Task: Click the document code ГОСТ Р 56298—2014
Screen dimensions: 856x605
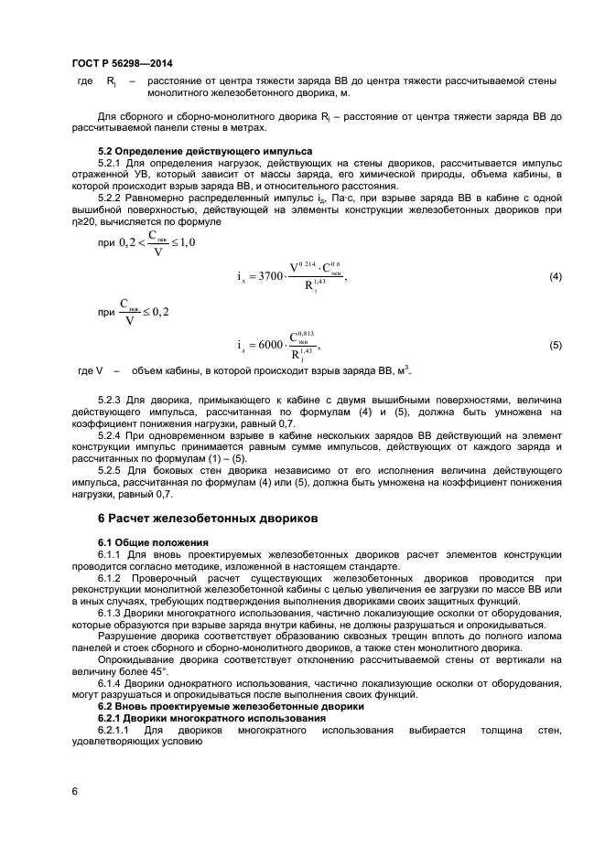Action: (x=121, y=64)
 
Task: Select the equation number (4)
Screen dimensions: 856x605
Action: (x=555, y=277)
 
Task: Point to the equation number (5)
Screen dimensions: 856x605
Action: (x=555, y=345)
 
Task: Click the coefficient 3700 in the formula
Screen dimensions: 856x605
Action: (x=270, y=277)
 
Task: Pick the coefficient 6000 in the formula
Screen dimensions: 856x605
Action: (x=272, y=345)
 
